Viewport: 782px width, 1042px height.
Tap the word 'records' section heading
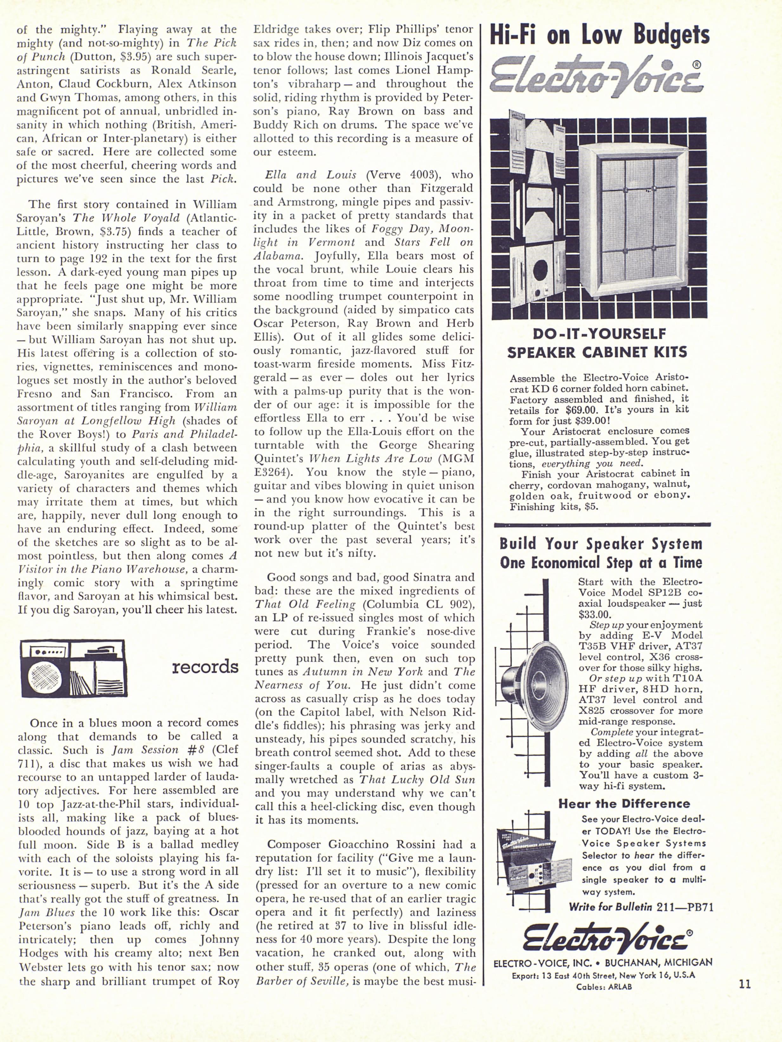point(205,667)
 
